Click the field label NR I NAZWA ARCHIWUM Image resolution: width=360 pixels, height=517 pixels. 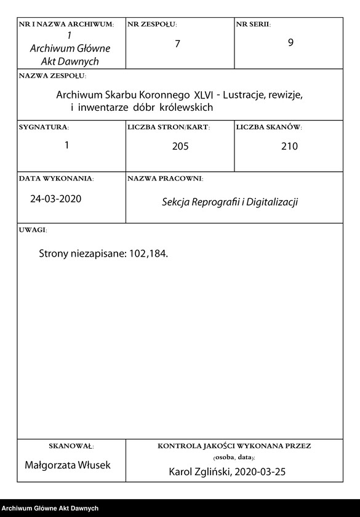pos(66,24)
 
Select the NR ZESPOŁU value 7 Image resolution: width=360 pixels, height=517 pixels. pos(177,44)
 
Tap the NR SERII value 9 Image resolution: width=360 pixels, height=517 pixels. pos(290,44)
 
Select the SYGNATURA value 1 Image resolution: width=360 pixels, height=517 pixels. pos(66,145)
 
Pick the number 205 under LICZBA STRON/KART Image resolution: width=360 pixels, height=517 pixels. pos(180,146)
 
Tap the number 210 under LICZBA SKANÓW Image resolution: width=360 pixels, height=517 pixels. pos(289,146)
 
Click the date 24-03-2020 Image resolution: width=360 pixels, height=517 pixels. pos(55,199)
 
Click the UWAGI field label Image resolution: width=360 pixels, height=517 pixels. pos(33,230)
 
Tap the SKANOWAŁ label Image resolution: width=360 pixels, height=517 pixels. pos(71,446)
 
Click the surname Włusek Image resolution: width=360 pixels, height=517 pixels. pos(94,465)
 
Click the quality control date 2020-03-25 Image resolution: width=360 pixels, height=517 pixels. pos(260,471)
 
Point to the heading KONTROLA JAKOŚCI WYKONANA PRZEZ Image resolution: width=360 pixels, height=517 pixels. pos(234,446)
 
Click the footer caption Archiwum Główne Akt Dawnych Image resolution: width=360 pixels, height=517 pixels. pos(50,508)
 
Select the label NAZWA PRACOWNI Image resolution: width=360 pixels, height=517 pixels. pos(165,178)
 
